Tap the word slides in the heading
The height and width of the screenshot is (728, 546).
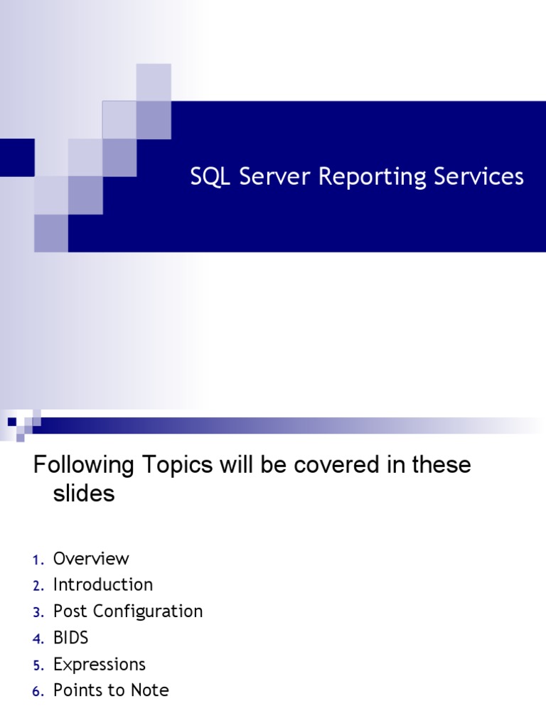coord(84,494)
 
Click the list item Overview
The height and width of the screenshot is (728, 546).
coord(91,559)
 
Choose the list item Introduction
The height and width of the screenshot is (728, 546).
coord(103,585)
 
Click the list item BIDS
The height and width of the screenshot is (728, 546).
coord(71,638)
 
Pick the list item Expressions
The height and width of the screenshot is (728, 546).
coord(100,665)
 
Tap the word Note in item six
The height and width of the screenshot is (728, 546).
coord(149,690)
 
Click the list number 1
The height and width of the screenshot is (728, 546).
coord(37,560)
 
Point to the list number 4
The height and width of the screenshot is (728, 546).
coord(38,639)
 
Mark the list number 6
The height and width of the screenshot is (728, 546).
coord(38,692)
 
